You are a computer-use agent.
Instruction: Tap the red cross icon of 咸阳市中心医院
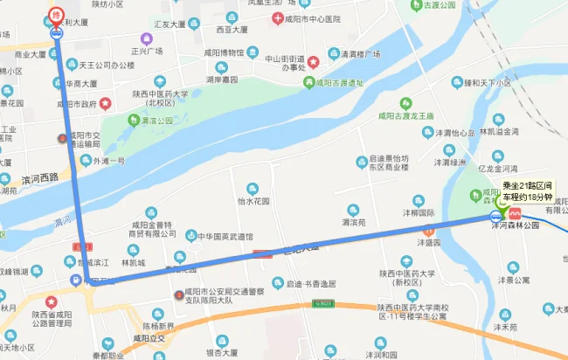click(x=277, y=18)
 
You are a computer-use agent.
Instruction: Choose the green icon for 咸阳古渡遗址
click(x=308, y=83)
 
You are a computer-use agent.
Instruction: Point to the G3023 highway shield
click(x=324, y=303)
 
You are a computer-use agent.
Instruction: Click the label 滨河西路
click(x=41, y=176)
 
